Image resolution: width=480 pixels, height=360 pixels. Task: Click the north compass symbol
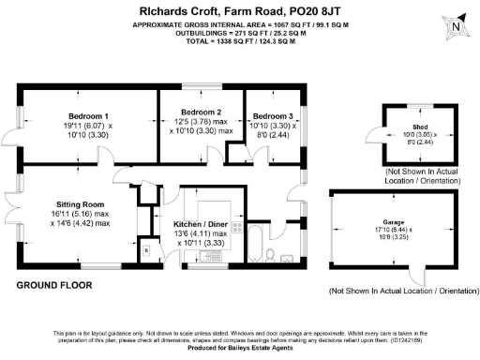pos(455,28)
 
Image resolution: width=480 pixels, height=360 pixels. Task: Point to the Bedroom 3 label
pos(273,115)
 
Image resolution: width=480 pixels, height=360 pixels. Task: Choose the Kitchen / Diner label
pos(202,225)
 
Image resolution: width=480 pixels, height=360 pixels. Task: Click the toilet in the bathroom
pos(271,254)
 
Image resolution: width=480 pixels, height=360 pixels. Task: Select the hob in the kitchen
pos(237,227)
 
